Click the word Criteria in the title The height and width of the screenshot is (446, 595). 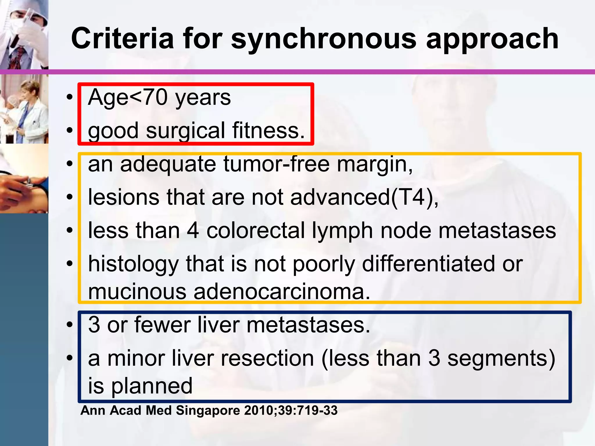(x=122, y=39)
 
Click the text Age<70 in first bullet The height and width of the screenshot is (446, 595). (x=128, y=98)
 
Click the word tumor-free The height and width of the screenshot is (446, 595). (x=276, y=164)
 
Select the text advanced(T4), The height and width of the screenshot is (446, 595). (x=365, y=197)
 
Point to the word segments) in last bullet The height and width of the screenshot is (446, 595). (x=501, y=358)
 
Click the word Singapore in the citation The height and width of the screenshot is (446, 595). (x=208, y=411)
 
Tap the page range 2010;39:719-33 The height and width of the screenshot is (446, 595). (x=291, y=411)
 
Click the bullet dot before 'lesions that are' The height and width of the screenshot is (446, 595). (x=69, y=197)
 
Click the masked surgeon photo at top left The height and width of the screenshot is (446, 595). (x=24, y=34)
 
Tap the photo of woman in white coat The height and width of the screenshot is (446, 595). (x=24, y=109)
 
